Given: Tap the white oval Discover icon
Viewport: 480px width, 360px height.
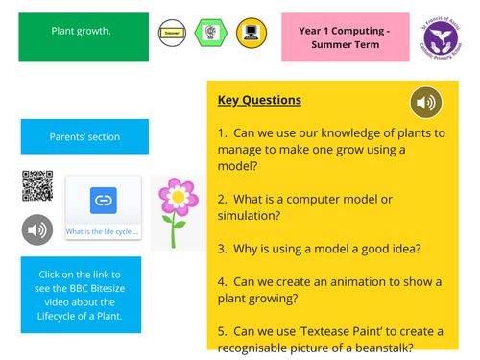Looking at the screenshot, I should pos(172,32).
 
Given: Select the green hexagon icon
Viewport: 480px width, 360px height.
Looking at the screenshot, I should pos(210,32).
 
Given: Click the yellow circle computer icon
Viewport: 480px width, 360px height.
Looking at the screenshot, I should pos(252,32).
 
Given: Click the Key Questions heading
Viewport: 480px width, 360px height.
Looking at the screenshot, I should pos(259,100).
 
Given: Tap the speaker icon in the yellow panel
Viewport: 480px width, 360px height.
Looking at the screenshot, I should pos(426,102).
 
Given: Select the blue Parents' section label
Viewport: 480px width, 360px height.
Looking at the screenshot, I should pos(84,137).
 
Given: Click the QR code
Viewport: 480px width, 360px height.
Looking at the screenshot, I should pos(36,186).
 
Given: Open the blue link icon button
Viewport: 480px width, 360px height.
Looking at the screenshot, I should pos(103,201).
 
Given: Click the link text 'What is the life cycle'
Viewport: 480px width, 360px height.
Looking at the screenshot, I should pos(103,231).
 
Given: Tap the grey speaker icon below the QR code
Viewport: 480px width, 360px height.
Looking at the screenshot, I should pos(37,230).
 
